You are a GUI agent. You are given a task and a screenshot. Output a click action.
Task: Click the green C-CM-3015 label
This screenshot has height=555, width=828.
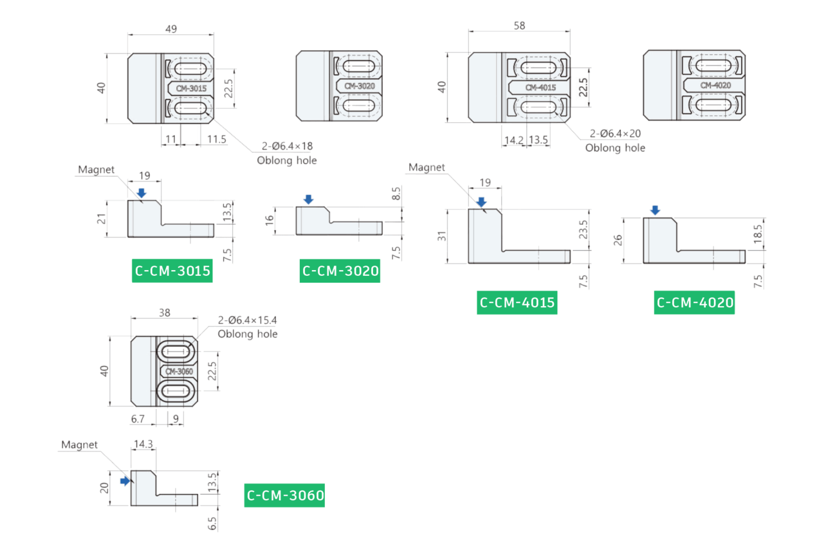pyautogui.click(x=172, y=271)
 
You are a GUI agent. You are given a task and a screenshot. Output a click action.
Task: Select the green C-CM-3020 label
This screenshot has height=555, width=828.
pyautogui.click(x=340, y=271)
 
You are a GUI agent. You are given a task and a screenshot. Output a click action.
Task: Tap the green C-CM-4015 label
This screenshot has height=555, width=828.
pyautogui.click(x=517, y=303)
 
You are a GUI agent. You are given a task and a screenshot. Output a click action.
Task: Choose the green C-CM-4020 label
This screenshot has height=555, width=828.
pyautogui.click(x=694, y=303)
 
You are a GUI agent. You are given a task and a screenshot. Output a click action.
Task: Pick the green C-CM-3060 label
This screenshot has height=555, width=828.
pyautogui.click(x=284, y=496)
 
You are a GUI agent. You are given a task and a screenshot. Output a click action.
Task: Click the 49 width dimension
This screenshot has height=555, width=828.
pyautogui.click(x=171, y=29)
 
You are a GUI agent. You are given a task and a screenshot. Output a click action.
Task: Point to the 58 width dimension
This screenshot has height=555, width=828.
pyautogui.click(x=519, y=26)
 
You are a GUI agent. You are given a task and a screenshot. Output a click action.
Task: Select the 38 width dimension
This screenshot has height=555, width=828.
pyautogui.click(x=164, y=313)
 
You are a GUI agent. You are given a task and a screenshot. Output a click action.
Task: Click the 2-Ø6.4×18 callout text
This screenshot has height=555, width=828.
pyautogui.click(x=287, y=146)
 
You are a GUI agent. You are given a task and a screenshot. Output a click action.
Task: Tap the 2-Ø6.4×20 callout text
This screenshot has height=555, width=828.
pyautogui.click(x=615, y=134)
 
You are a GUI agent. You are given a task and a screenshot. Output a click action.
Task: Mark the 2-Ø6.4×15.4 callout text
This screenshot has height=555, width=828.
pyautogui.click(x=247, y=320)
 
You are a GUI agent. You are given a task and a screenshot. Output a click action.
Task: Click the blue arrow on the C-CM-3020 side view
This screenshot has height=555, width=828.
pyautogui.click(x=308, y=199)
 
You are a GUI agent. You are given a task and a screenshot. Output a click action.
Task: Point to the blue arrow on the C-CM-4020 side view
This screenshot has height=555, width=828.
pyautogui.click(x=655, y=210)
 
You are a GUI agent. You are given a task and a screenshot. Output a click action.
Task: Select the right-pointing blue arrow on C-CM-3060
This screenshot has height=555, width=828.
pyautogui.click(x=125, y=481)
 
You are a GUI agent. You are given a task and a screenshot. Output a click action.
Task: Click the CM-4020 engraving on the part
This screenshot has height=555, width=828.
pyautogui.click(x=716, y=86)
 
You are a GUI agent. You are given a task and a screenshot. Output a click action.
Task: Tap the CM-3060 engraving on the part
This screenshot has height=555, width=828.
pyautogui.click(x=179, y=372)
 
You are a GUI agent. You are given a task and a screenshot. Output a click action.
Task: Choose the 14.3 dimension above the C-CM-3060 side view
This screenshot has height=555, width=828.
pyautogui.click(x=143, y=444)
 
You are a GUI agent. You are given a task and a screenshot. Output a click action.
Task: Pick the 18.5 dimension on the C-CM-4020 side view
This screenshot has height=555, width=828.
pyautogui.click(x=758, y=234)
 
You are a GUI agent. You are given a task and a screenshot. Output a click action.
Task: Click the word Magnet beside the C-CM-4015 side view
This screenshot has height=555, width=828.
pyautogui.click(x=427, y=167)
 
